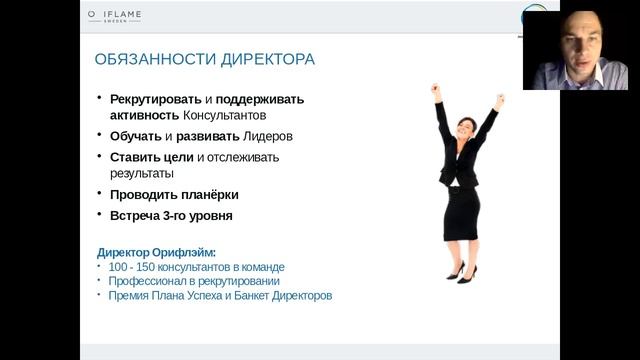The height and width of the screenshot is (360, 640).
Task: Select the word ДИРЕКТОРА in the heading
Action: click(263, 60)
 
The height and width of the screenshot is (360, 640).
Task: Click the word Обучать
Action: click(136, 136)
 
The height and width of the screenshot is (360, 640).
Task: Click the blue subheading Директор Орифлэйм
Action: click(156, 252)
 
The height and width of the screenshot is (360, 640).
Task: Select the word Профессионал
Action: click(149, 281)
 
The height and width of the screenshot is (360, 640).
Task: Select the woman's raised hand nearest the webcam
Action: click(500, 100)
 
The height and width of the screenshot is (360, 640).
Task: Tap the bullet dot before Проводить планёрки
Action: click(100, 194)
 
